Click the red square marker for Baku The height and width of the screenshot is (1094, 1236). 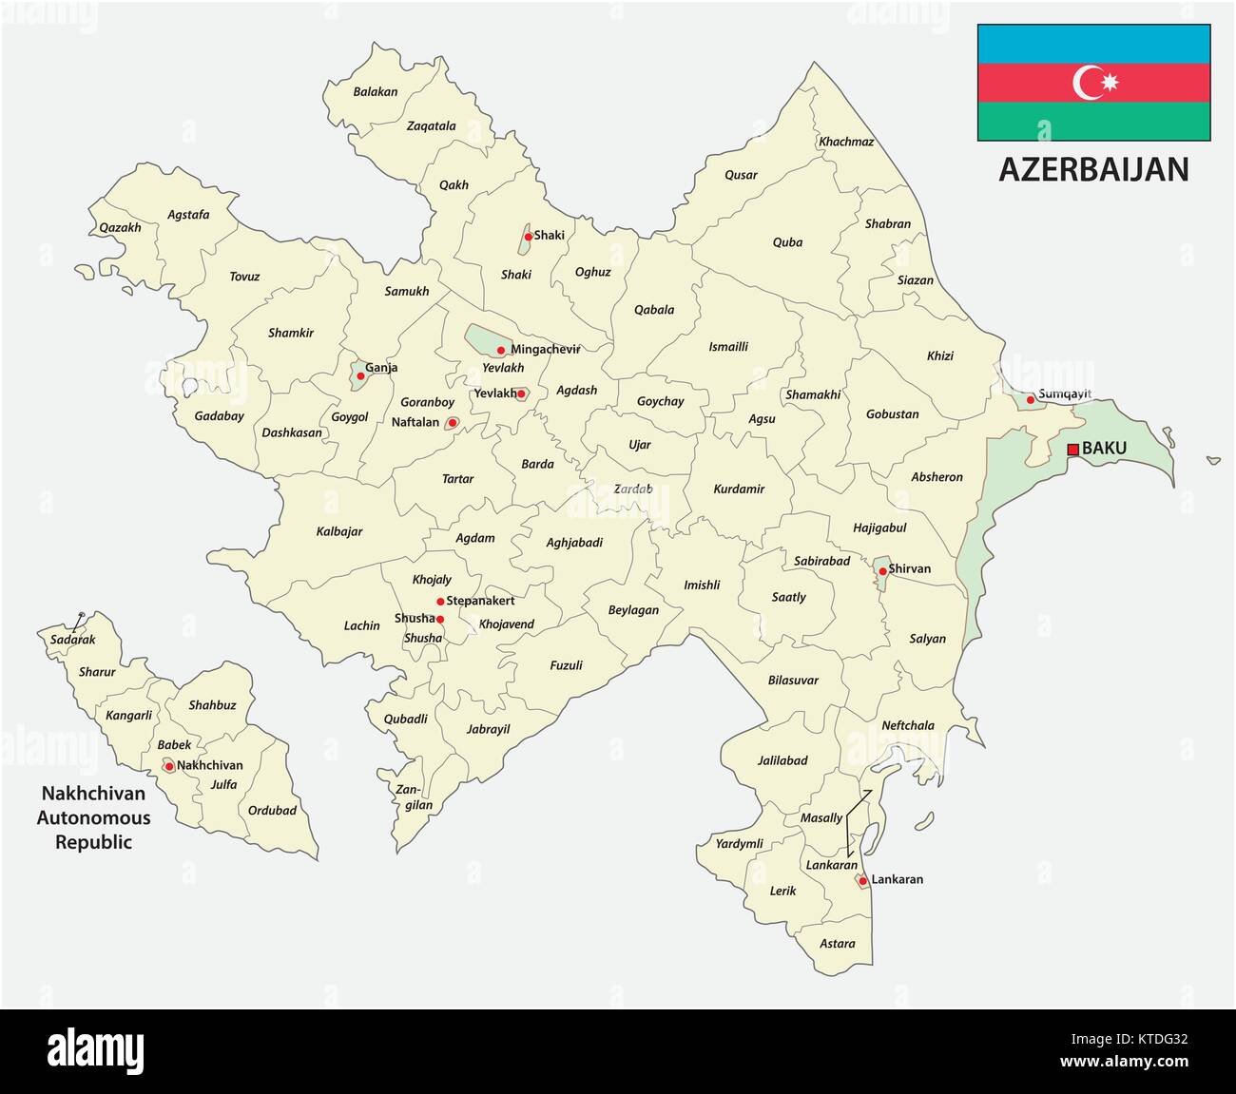tap(1072, 449)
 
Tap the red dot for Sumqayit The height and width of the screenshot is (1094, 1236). tap(1030, 399)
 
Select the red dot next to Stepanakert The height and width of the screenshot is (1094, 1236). tap(440, 601)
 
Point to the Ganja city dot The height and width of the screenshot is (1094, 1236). tap(359, 376)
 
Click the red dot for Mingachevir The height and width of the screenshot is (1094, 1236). tap(501, 350)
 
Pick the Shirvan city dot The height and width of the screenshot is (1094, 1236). tap(882, 571)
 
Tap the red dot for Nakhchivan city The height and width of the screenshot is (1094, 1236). tap(169, 766)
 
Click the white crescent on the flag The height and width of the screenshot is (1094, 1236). tap(1088, 83)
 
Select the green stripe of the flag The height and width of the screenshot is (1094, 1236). tap(1093, 122)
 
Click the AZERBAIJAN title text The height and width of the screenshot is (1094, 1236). tap(1093, 169)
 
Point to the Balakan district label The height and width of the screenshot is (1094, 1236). tap(376, 92)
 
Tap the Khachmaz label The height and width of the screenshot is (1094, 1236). tap(846, 142)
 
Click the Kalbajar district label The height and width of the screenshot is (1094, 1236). tap(339, 531)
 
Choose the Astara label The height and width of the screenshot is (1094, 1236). tap(838, 944)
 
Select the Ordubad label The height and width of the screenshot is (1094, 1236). tap(272, 811)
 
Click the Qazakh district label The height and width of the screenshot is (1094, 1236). tap(121, 227)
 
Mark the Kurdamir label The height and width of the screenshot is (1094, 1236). tap(739, 489)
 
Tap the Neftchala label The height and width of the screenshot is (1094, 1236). tap(908, 725)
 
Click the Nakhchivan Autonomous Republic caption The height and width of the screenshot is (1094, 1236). tap(93, 817)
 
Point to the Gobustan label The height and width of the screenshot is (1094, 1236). tap(892, 414)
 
